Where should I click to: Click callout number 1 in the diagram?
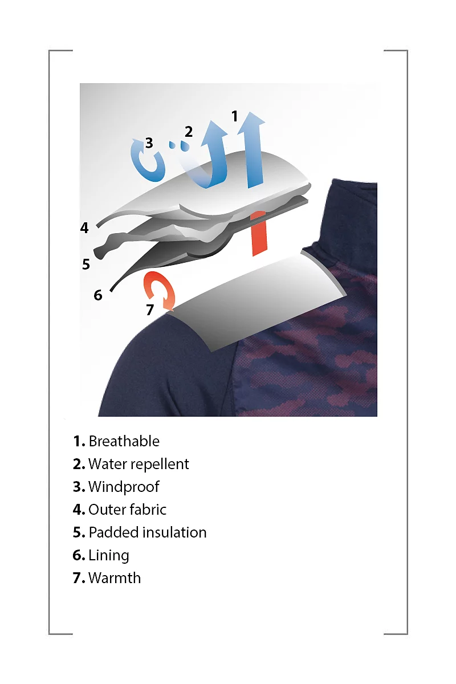(234, 116)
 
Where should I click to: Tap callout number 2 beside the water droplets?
(189, 132)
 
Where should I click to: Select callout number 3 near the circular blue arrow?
(149, 142)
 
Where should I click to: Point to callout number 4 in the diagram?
(84, 228)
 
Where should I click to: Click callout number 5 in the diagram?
(86, 264)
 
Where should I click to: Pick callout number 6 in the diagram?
(97, 295)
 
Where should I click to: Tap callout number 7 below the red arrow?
(150, 310)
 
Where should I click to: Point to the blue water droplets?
(180, 145)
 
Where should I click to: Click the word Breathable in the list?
(124, 441)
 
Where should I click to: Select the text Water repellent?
(139, 464)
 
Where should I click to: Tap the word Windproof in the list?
(124, 487)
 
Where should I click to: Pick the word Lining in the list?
(109, 555)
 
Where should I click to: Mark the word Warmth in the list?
(115, 578)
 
